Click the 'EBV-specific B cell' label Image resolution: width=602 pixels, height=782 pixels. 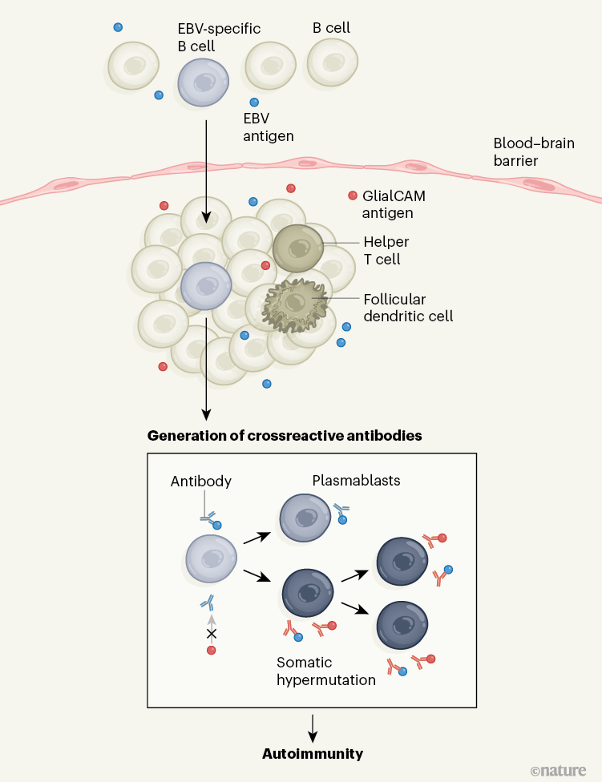point(219,37)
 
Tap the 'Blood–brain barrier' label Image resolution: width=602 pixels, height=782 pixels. point(527,152)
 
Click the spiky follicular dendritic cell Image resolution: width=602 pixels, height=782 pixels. point(295,304)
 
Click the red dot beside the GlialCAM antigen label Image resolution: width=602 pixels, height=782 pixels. point(352,195)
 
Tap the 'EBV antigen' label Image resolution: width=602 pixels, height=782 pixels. point(268,127)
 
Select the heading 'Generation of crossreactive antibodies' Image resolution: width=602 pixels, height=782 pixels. point(285,437)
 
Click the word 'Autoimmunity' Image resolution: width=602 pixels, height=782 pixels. point(313,753)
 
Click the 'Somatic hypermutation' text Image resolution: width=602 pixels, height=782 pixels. point(326,671)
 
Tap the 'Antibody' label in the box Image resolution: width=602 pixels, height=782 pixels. point(201,482)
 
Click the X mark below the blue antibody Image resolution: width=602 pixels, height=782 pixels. point(212,634)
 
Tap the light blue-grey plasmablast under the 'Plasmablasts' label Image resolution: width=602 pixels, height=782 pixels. point(305,518)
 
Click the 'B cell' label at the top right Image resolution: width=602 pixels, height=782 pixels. point(331,29)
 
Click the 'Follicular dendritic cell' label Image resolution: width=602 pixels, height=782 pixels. point(408,308)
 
